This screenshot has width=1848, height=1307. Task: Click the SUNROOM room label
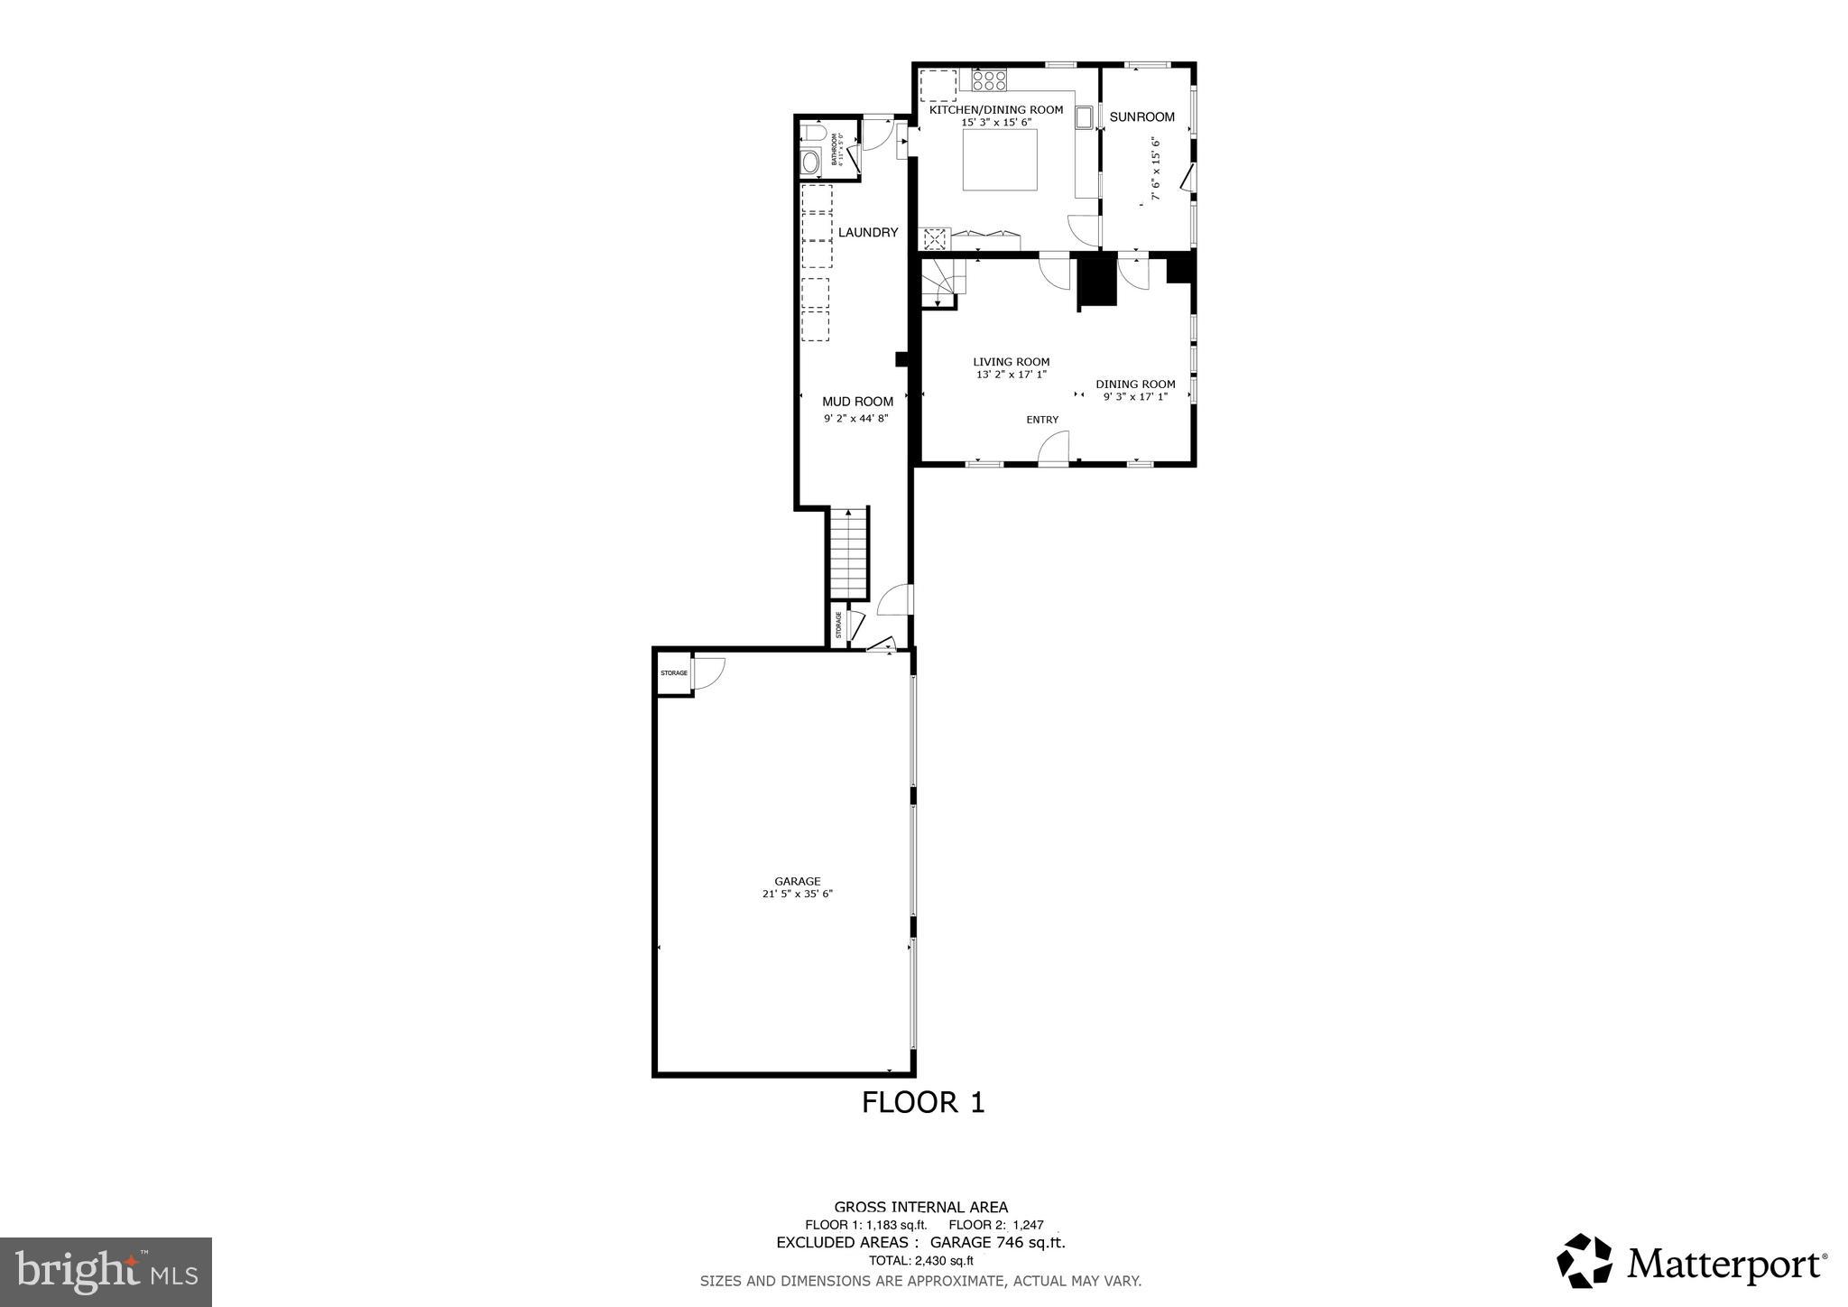[x=1141, y=116]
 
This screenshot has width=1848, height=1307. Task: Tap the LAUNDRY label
[x=868, y=232]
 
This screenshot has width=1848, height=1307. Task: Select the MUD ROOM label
[x=857, y=402]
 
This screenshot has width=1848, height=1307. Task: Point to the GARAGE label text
[x=797, y=881]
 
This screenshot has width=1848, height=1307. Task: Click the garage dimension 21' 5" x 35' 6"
[x=797, y=895]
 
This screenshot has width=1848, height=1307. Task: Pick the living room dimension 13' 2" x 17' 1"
[x=1011, y=375]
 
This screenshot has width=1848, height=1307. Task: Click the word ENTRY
[x=1042, y=420]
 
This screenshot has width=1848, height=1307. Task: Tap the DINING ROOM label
[x=1135, y=384]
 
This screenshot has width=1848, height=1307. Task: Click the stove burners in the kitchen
[x=989, y=80]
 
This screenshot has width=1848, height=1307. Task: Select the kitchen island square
[x=999, y=160]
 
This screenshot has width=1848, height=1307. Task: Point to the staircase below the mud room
[x=849, y=552]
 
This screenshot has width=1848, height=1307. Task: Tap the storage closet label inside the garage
[x=673, y=673]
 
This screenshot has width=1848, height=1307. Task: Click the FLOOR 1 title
[x=923, y=1102]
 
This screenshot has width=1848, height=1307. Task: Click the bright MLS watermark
[x=106, y=1272]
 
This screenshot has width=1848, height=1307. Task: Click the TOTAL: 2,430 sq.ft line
[x=920, y=1261]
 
